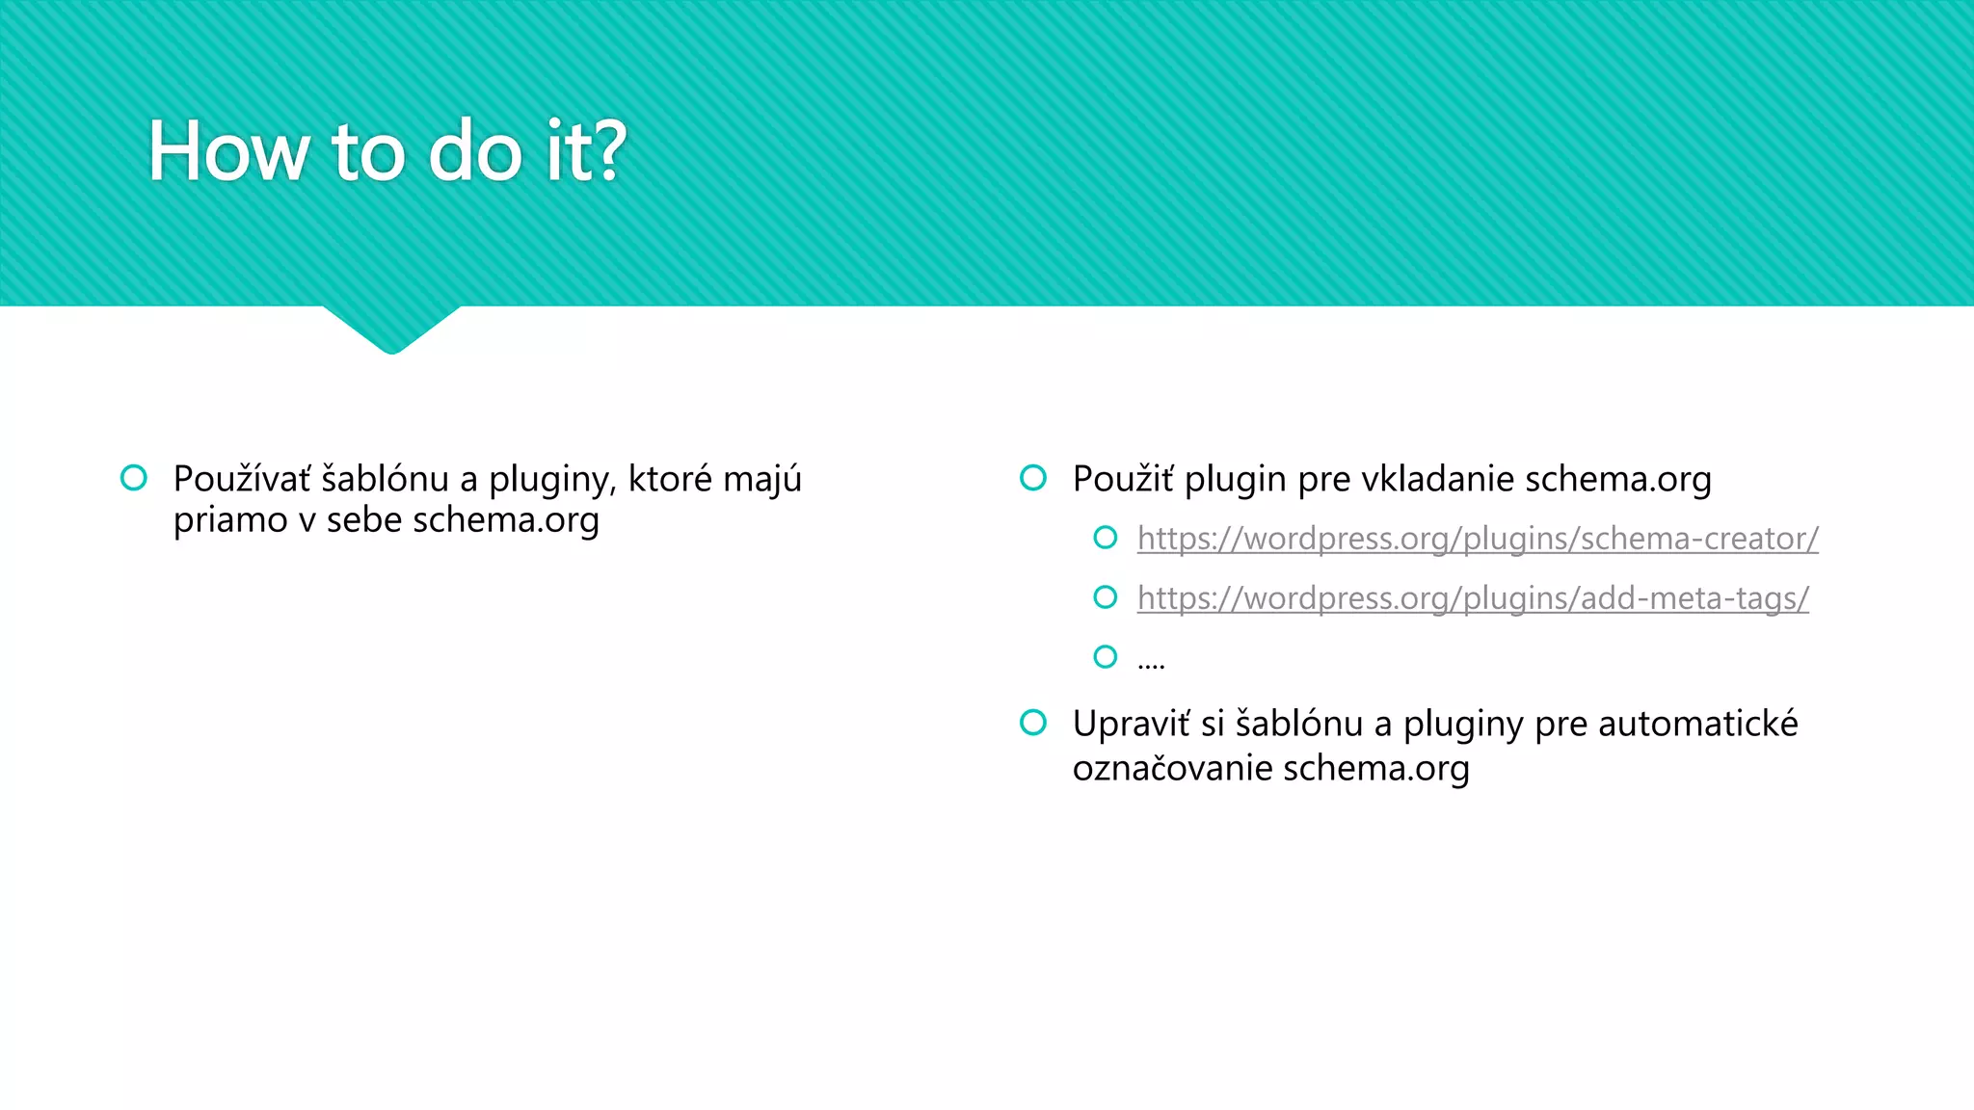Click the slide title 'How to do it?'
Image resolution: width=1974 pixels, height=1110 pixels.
click(x=387, y=151)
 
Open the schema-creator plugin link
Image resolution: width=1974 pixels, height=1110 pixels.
click(x=1478, y=539)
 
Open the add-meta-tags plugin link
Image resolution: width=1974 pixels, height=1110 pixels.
click(x=1473, y=598)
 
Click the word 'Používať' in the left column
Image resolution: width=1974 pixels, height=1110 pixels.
click(x=242, y=479)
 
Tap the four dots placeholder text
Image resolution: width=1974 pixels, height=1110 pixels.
click(x=1151, y=662)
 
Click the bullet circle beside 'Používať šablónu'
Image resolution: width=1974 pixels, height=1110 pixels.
click(x=134, y=478)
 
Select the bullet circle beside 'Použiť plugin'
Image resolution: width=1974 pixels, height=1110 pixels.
click(x=1033, y=478)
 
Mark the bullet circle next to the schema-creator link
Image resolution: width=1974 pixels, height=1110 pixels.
click(x=1106, y=538)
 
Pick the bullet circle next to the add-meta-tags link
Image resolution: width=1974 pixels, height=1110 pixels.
click(x=1106, y=597)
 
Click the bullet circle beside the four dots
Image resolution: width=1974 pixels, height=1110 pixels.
click(x=1106, y=657)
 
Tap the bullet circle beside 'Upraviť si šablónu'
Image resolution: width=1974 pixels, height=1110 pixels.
click(x=1033, y=723)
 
